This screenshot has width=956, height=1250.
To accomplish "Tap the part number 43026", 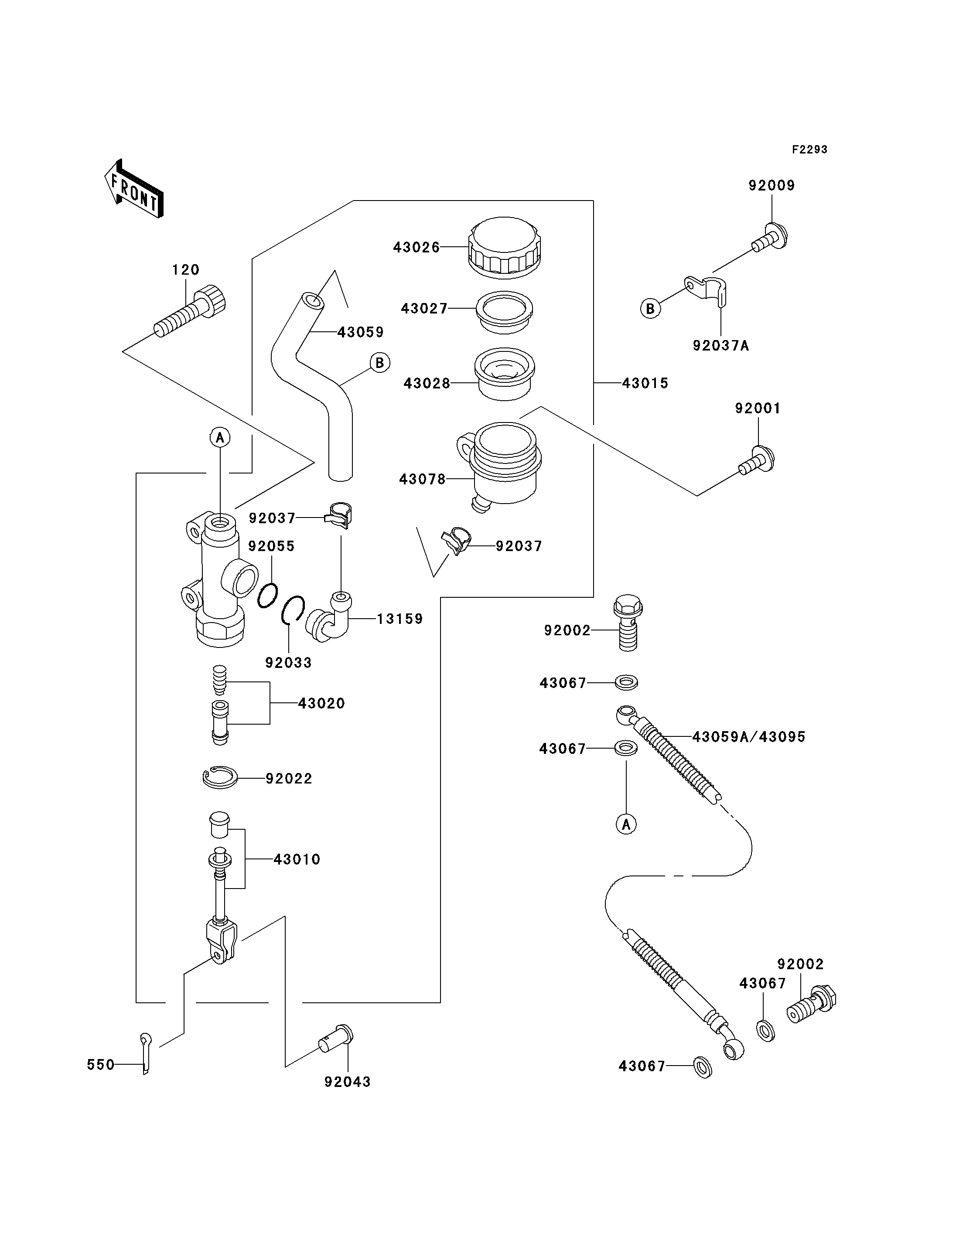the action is coord(416,248).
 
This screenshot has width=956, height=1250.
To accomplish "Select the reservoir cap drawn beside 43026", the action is coord(505,248).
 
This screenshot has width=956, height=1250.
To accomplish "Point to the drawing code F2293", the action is coord(810,150).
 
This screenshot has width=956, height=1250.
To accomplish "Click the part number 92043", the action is coord(348,1082).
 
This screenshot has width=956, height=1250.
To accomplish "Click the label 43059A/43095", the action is coord(749,737).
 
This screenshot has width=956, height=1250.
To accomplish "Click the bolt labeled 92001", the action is coord(756,460).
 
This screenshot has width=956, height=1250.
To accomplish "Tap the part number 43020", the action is coord(321,703).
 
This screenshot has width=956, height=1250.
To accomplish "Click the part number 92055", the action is coord(271,546).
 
